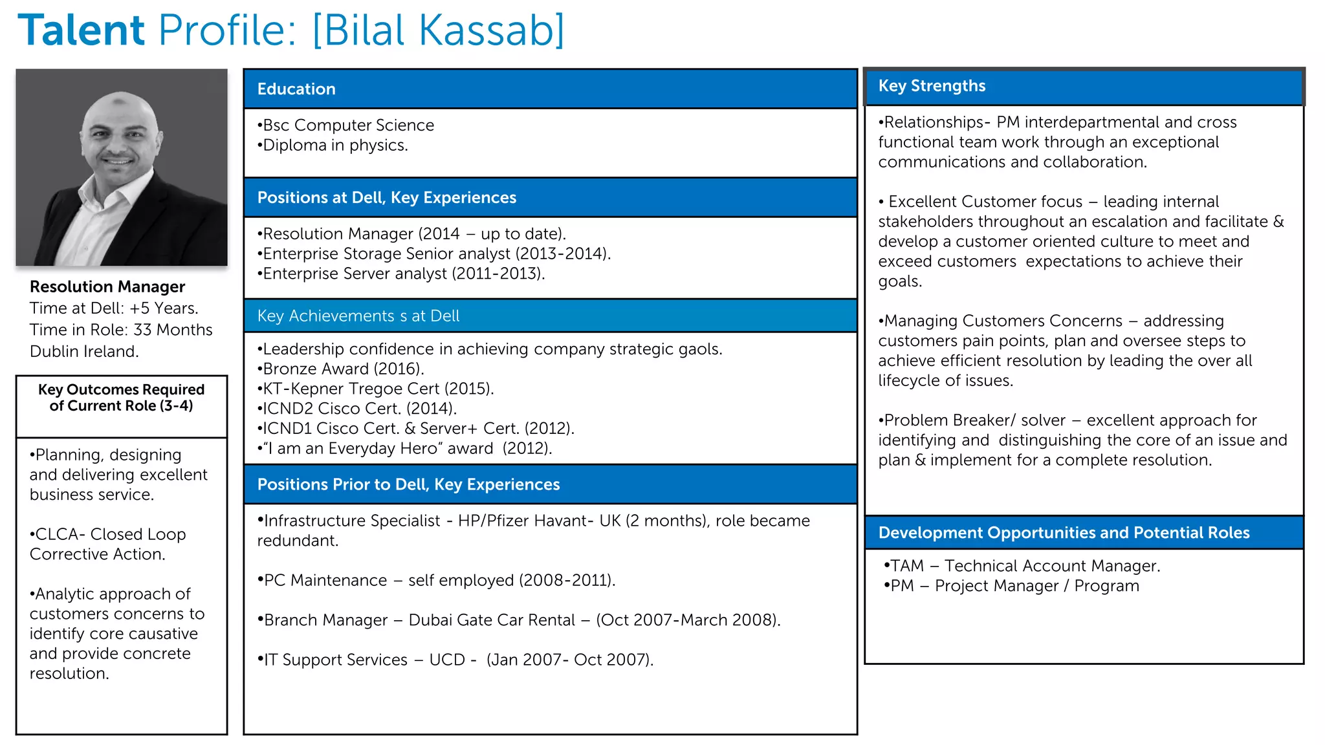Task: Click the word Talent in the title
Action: point(82,30)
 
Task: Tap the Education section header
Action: point(296,89)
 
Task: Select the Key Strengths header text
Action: point(932,86)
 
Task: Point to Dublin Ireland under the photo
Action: point(84,352)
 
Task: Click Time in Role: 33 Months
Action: point(121,330)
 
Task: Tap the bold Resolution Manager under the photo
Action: point(107,286)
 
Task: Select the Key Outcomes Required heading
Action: point(121,398)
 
